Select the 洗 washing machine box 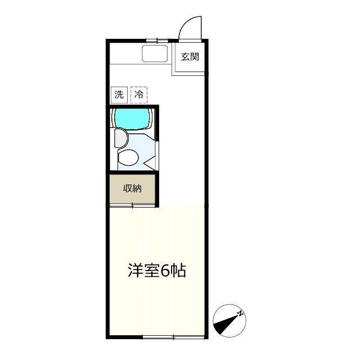[x=119, y=94]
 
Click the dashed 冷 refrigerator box [x=139, y=94]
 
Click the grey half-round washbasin [x=119, y=138]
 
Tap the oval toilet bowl [x=128, y=158]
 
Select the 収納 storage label [x=132, y=189]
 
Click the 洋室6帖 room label [x=157, y=271]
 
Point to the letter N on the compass [x=241, y=313]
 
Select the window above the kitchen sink [x=157, y=40]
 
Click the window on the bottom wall [x=173, y=337]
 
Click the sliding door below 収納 [x=133, y=205]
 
